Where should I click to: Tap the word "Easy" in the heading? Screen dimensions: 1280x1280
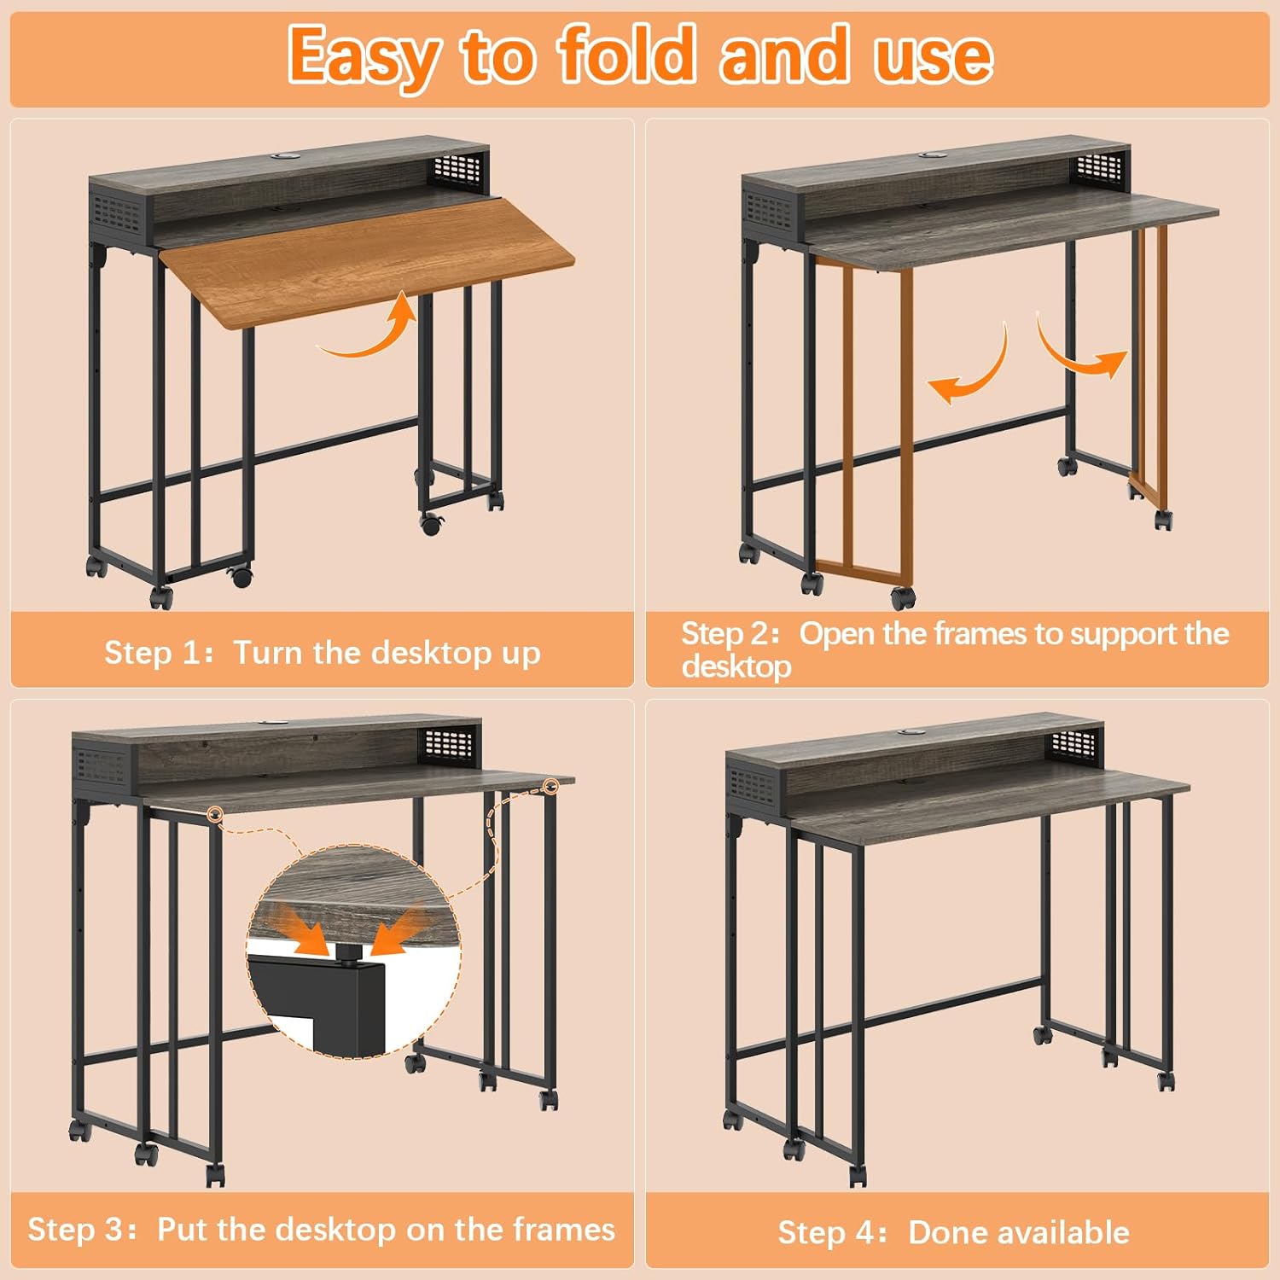[364, 56]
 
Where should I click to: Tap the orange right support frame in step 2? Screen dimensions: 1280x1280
[1149, 367]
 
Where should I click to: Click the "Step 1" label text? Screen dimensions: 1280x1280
[152, 653]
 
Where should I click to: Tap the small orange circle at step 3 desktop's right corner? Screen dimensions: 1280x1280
[551, 786]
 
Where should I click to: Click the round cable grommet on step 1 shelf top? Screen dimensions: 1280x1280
[282, 158]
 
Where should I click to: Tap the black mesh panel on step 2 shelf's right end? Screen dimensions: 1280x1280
[1102, 167]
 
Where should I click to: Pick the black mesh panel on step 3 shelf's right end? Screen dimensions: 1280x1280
[449, 745]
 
